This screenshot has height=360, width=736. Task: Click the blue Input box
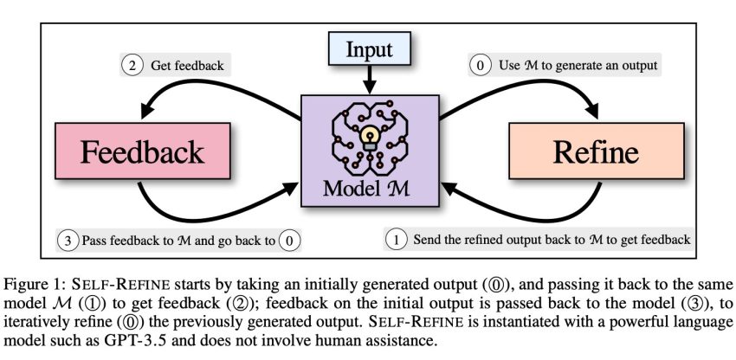click(370, 48)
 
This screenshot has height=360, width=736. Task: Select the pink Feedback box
click(142, 151)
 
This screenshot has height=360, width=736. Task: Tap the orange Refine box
click(596, 151)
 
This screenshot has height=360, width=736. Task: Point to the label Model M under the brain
click(366, 188)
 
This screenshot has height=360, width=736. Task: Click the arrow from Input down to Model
click(370, 80)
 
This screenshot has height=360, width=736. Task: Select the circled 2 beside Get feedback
click(132, 65)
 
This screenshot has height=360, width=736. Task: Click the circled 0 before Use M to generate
click(481, 65)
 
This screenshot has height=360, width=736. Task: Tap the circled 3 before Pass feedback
click(68, 241)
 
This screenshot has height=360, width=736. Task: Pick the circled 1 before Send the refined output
click(396, 240)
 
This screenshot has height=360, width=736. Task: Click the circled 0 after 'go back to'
click(288, 241)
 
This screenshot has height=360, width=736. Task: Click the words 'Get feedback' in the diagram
click(187, 66)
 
